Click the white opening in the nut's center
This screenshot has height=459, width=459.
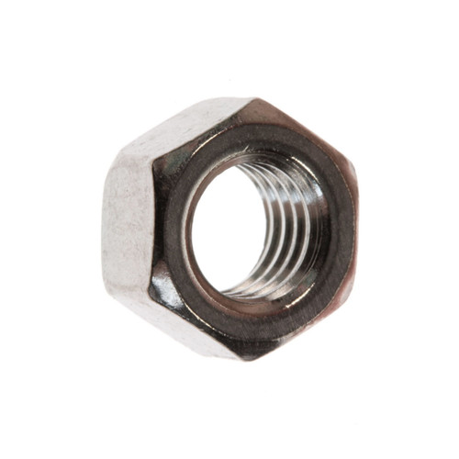pos(234,229)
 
